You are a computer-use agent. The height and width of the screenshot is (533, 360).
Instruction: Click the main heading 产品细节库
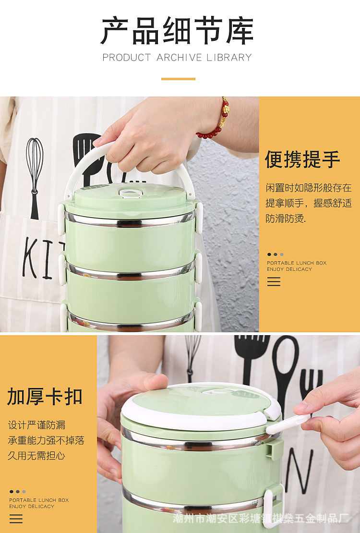click(177, 31)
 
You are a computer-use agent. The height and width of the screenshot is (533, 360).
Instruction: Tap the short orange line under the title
click(178, 79)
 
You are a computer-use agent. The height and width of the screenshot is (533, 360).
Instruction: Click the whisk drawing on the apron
click(35, 177)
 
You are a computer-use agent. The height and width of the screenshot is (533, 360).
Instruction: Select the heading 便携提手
click(302, 159)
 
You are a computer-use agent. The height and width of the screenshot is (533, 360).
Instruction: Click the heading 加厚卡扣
click(45, 396)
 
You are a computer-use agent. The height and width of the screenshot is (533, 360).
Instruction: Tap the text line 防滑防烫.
click(286, 218)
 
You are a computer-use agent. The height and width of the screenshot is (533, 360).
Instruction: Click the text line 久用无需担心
click(36, 455)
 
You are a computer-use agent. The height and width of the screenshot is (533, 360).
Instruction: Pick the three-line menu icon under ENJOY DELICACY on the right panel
click(274, 281)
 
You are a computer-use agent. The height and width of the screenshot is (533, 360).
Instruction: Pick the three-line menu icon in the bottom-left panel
click(16, 519)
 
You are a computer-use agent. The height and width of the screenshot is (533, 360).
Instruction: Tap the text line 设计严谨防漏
click(36, 425)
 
